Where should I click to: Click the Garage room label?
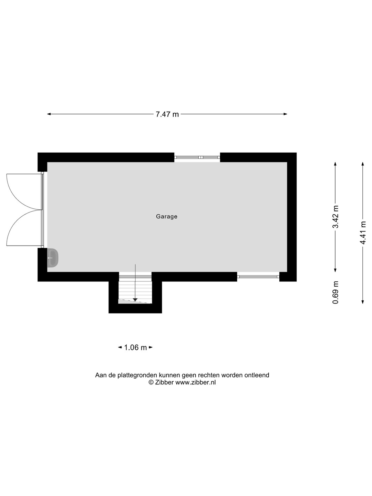166,216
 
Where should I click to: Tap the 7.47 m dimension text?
167,114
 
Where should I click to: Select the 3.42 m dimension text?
336,217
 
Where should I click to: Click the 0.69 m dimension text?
335,292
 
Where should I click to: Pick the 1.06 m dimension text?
135,348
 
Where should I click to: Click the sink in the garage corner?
53,258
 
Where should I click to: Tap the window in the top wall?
197,157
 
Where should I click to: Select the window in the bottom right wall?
258,276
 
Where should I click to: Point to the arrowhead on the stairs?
135,300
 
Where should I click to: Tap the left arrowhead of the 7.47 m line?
49,114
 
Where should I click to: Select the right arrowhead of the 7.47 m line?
286,114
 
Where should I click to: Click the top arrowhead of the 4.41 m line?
363,164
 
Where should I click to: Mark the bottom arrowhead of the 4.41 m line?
363,302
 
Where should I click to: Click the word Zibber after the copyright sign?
164,382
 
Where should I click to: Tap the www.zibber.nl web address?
196,382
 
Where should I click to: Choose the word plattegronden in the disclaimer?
137,375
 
